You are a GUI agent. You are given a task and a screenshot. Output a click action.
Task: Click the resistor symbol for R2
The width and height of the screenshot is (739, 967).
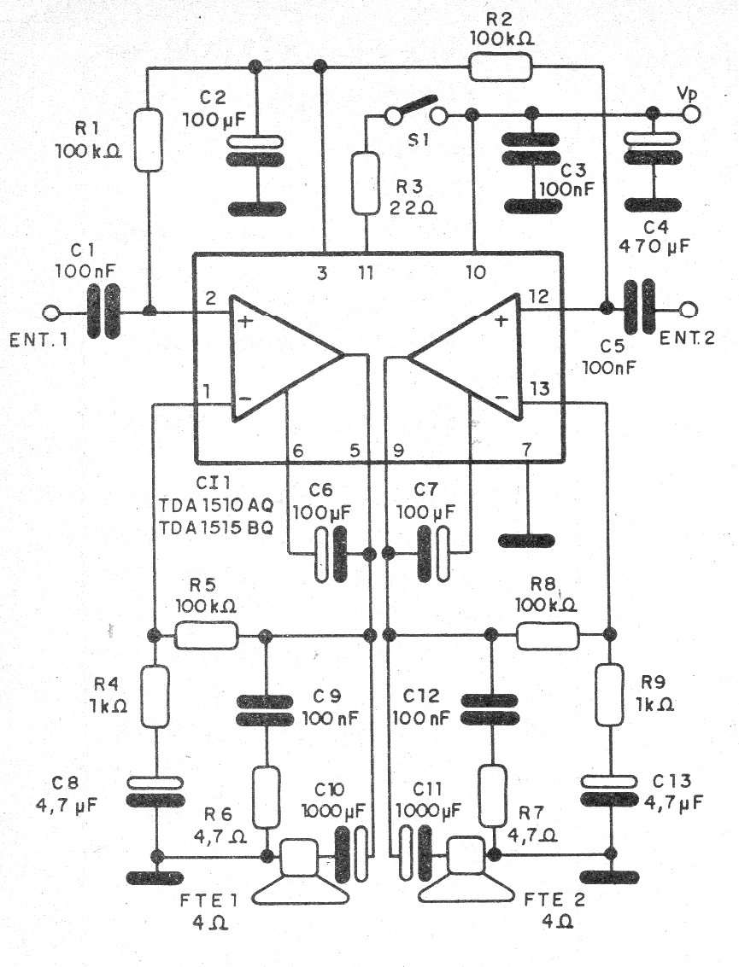click(500, 67)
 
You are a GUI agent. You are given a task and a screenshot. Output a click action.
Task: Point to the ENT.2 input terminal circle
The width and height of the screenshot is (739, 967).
click(686, 308)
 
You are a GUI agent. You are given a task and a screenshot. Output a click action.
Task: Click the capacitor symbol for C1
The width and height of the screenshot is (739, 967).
click(103, 312)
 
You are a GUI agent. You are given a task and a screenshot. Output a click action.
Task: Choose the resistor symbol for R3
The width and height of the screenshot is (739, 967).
click(366, 182)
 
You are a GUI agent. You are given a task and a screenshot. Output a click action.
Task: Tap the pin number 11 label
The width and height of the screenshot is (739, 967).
click(367, 273)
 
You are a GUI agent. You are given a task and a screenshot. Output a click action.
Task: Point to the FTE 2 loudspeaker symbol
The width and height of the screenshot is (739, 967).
click(466, 875)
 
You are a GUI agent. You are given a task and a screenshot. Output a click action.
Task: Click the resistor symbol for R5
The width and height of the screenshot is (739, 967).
click(206, 635)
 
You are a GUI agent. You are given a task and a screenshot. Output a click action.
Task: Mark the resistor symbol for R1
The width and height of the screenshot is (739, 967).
click(149, 138)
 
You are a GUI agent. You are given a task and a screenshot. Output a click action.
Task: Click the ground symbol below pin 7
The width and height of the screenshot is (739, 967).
click(527, 540)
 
